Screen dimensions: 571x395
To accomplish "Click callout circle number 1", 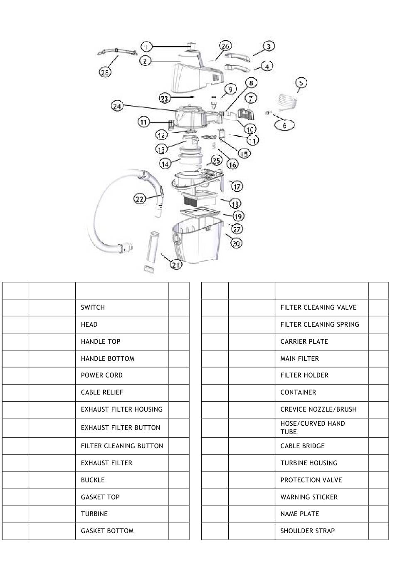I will pos(146,47).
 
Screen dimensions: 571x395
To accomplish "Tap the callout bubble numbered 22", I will pos(139,199).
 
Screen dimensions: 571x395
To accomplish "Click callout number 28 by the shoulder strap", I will pos(105,72).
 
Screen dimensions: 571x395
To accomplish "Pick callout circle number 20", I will pos(236,243).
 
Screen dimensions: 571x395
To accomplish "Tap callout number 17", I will pos(237,186).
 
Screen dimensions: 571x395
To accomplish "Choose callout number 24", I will pos(117,107).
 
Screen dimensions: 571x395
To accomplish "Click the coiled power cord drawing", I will pos(287,102).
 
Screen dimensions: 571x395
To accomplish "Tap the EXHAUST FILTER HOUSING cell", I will pos(121,410).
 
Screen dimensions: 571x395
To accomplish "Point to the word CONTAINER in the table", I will pos(298,392).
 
